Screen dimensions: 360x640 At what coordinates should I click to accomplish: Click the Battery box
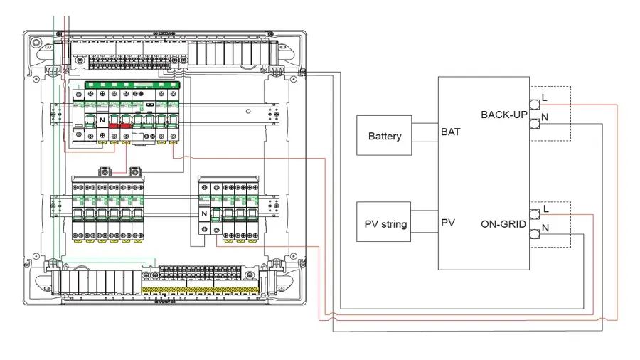click(385, 135)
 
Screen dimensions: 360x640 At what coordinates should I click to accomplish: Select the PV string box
click(385, 223)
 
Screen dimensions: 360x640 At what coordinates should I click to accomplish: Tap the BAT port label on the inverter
click(449, 132)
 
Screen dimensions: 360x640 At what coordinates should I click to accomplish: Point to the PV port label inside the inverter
click(448, 223)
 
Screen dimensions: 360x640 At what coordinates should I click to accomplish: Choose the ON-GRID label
click(503, 224)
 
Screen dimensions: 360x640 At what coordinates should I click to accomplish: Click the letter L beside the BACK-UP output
click(545, 97)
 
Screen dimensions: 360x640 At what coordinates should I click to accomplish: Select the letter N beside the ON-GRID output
click(545, 228)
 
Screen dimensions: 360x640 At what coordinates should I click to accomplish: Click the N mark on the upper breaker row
click(102, 120)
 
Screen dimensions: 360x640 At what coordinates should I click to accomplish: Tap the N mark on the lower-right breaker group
click(203, 213)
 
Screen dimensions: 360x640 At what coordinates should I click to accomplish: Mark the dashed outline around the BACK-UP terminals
click(570, 114)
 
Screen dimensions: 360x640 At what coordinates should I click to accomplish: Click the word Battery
click(385, 136)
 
